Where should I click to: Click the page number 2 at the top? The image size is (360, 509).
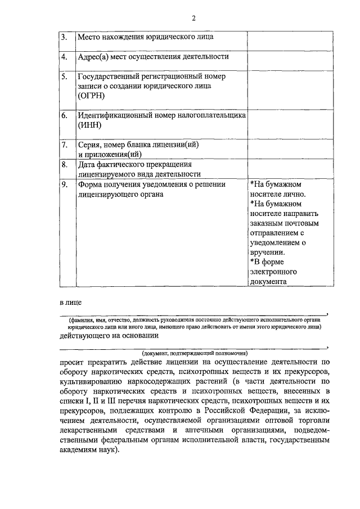[193, 18]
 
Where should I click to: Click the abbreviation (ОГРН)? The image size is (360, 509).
[93, 96]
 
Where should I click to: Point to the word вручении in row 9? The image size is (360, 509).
[268, 253]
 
